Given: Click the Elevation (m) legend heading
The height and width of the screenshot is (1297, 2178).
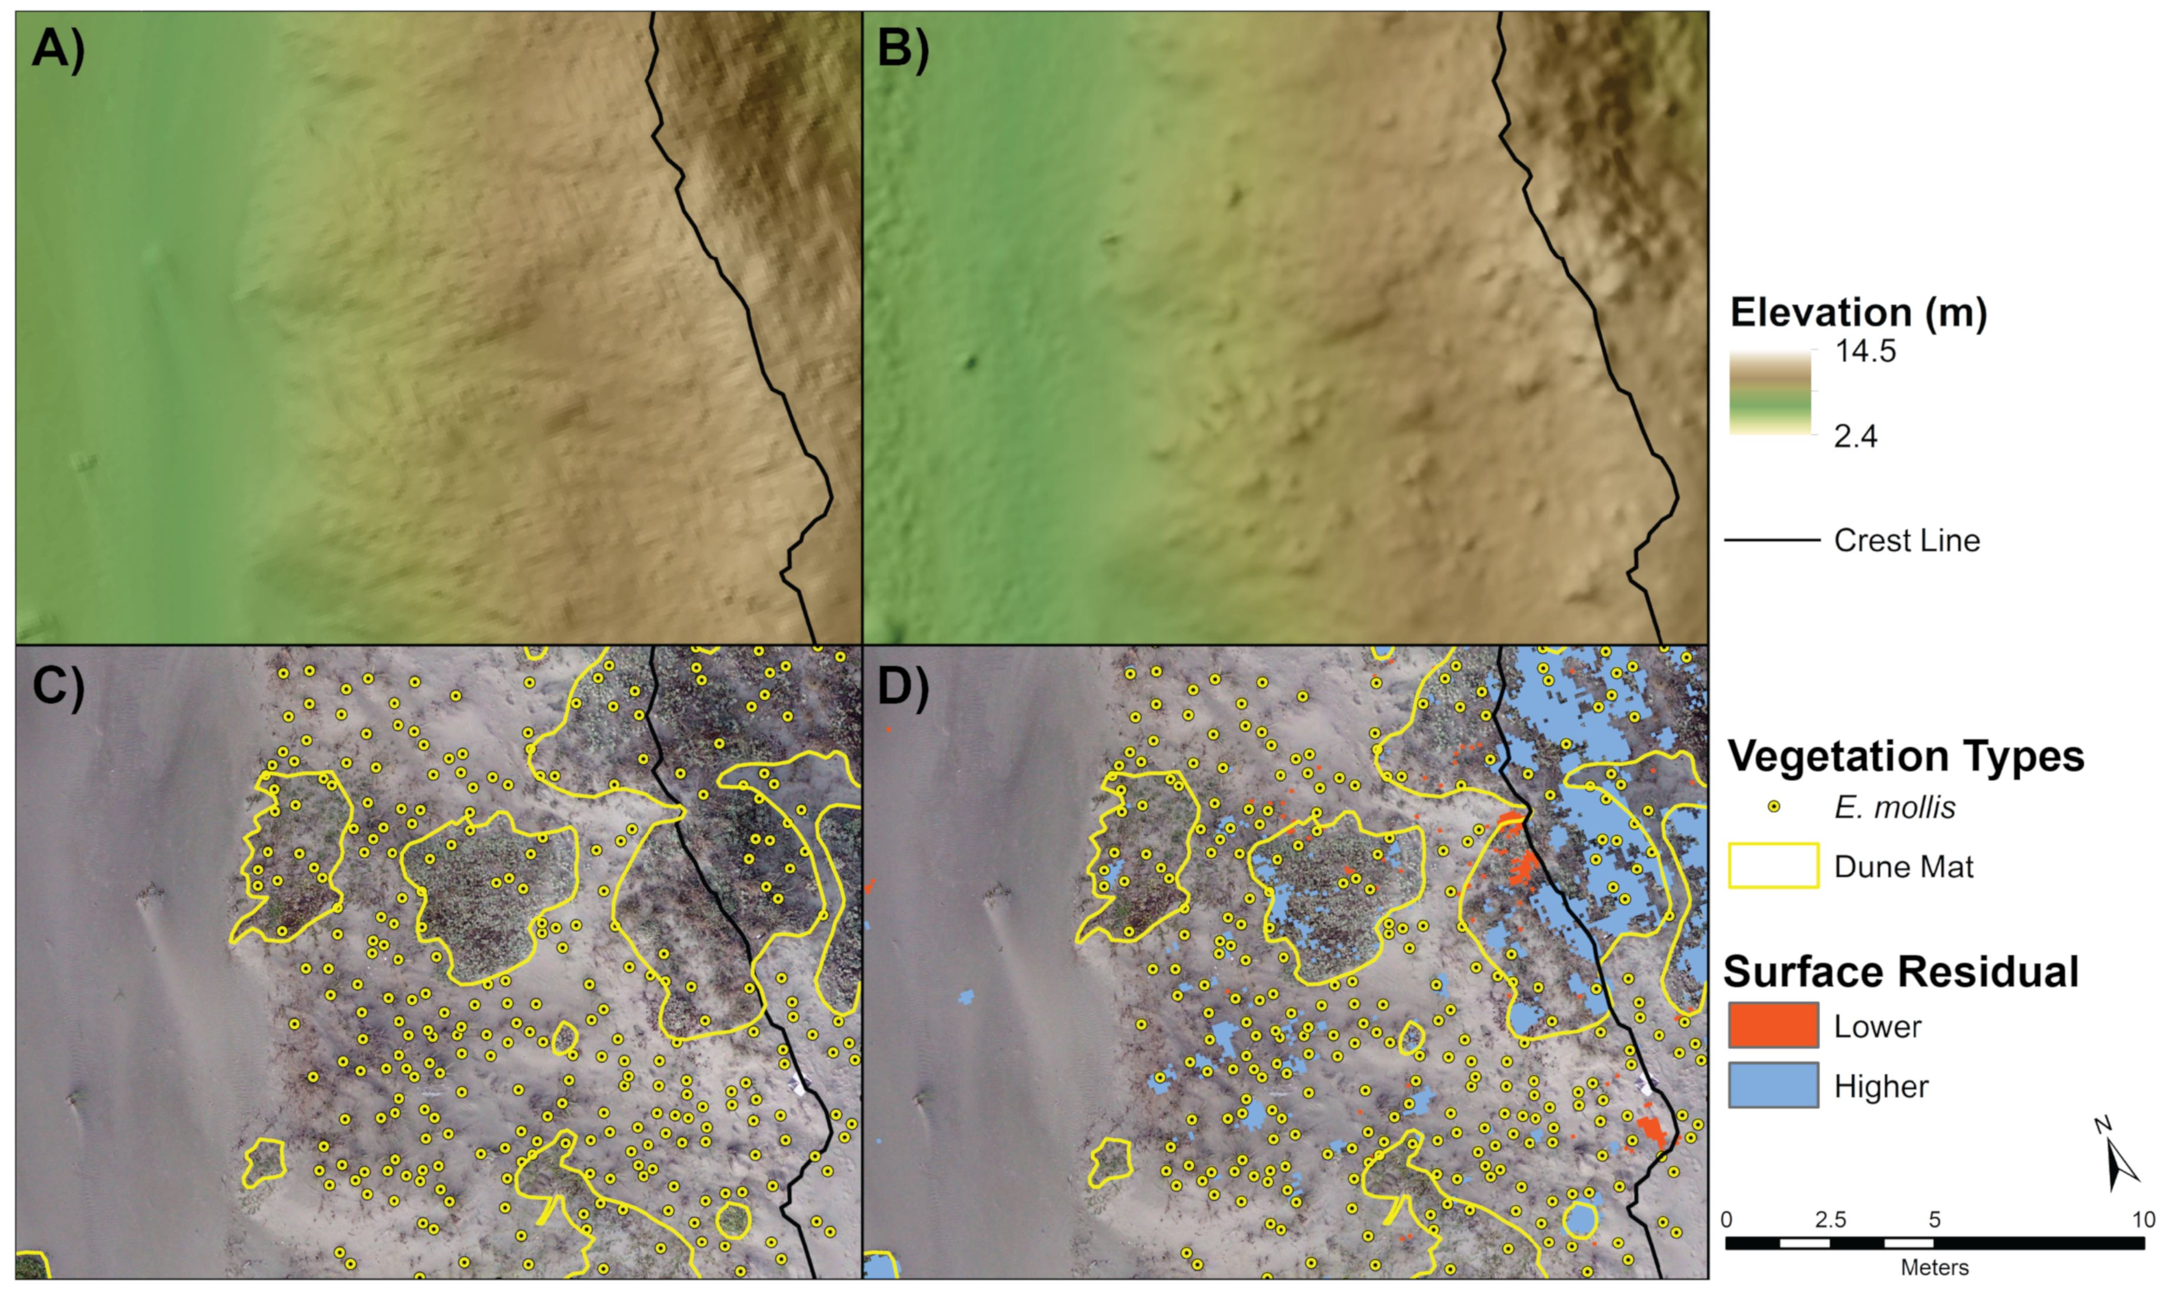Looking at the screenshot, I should click(1858, 312).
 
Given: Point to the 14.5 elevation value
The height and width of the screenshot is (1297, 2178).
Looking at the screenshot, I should click(1865, 351).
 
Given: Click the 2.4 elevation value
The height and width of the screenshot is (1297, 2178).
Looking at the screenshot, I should click(1855, 435).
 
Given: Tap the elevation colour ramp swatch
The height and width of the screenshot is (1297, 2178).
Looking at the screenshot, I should click(1770, 393).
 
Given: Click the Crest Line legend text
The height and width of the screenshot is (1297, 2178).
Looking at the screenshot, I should click(1906, 540).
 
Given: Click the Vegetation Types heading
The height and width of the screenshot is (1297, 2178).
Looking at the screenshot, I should click(1905, 757).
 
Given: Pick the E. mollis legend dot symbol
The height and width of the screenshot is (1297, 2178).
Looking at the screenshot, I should click(1774, 807).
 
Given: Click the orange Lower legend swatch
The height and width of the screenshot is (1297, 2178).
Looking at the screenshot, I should click(1774, 1025).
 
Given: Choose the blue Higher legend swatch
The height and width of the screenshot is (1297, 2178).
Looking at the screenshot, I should click(1774, 1086).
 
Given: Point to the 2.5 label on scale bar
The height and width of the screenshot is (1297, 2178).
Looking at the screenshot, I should click(1830, 1219).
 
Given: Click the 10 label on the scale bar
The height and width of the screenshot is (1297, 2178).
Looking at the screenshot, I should click(2143, 1219).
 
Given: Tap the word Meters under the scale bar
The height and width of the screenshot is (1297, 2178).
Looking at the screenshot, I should click(1934, 1268).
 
